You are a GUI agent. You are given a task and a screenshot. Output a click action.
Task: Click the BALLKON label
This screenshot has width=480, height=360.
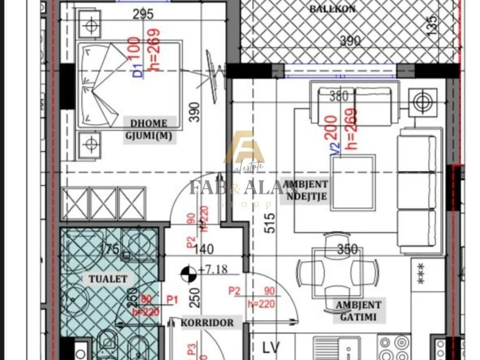click(x=332, y=9)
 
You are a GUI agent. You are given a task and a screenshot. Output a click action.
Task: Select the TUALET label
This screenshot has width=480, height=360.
click(x=108, y=278)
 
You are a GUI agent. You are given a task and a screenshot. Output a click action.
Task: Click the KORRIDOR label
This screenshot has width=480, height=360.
click(x=208, y=323)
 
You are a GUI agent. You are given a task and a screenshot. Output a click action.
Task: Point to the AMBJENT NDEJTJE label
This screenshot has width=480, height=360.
click(x=305, y=190)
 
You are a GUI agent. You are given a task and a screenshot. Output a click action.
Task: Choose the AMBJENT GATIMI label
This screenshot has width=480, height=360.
click(x=358, y=310)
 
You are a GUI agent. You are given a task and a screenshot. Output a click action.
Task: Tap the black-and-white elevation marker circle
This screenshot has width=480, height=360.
click(x=187, y=274)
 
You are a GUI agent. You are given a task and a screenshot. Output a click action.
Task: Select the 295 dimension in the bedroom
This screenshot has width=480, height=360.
click(x=143, y=15)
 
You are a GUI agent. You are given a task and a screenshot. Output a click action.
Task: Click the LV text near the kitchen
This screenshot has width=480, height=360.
click(x=271, y=347)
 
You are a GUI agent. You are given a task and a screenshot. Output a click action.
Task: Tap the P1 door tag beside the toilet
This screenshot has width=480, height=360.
click(x=172, y=300)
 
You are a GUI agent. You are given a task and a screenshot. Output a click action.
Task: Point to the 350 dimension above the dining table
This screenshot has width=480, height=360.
click(x=347, y=249)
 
